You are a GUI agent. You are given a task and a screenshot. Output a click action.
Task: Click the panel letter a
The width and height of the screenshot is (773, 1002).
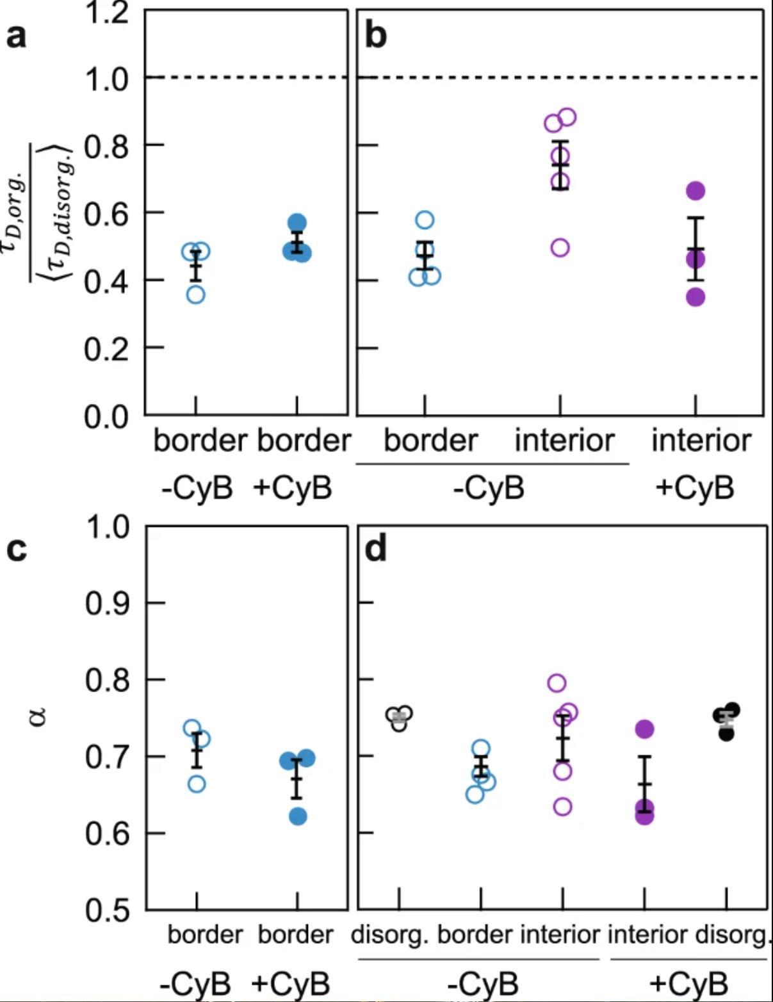pyautogui.click(x=17, y=36)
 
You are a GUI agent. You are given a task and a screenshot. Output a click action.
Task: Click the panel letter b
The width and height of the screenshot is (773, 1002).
pyautogui.click(x=375, y=35)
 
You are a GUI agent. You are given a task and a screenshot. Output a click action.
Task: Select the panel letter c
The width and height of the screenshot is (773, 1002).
pyautogui.click(x=17, y=549)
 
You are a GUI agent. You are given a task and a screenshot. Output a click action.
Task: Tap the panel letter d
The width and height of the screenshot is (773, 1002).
pyautogui.click(x=375, y=549)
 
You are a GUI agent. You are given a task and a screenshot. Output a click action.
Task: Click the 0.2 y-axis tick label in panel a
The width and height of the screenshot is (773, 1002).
pyautogui.click(x=106, y=350)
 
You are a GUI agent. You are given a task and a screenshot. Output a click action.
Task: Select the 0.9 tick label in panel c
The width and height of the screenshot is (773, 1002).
pyautogui.click(x=108, y=603)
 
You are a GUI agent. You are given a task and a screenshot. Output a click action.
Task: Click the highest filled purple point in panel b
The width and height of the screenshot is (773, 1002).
pyautogui.click(x=696, y=191)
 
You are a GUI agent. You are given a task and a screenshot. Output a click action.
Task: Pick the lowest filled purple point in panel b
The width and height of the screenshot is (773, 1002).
pyautogui.click(x=696, y=297)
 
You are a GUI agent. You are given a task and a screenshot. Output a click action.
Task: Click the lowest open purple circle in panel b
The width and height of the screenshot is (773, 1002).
pyautogui.click(x=560, y=248)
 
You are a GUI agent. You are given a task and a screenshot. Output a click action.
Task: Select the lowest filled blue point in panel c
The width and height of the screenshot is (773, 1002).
pyautogui.click(x=298, y=817)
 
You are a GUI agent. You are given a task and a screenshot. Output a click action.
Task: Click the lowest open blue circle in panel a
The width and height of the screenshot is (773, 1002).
pyautogui.click(x=196, y=295)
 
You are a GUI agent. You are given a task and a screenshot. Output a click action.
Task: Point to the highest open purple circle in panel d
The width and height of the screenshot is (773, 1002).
pyautogui.click(x=557, y=683)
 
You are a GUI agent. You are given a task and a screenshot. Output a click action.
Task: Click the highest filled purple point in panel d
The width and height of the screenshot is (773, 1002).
pyautogui.click(x=644, y=729)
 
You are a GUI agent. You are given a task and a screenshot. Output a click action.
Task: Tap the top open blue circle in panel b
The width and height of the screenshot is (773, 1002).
pyautogui.click(x=425, y=220)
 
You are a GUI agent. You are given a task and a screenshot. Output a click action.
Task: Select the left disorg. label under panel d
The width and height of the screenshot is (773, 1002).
pyautogui.click(x=389, y=935)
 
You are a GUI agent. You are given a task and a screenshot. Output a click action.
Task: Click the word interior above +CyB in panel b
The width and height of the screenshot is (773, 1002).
pyautogui.click(x=701, y=440)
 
